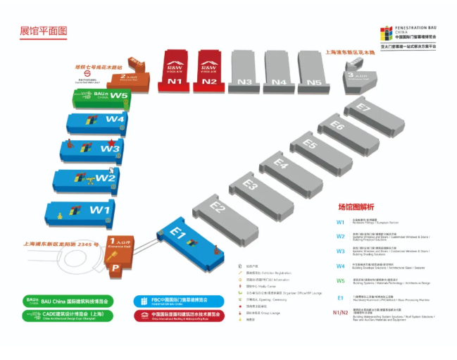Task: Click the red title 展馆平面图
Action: tap(43, 31)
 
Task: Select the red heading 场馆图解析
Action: tap(356, 206)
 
